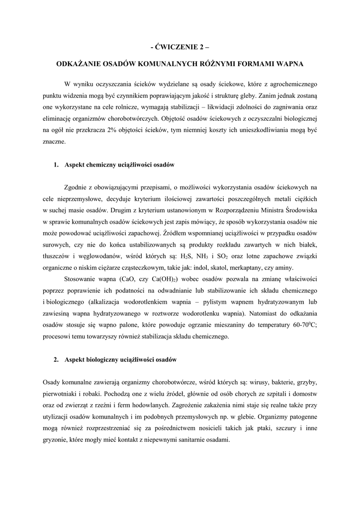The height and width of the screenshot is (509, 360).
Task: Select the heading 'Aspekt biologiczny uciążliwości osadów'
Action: pyautogui.click(x=121, y=359)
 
